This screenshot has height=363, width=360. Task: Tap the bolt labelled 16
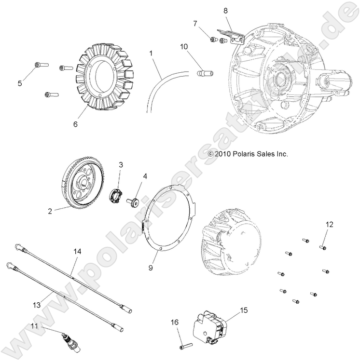pyautogui.click(x=184, y=345)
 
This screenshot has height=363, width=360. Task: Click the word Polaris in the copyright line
pyautogui.click(x=241, y=154)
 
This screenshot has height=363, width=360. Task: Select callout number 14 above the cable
pyautogui.click(x=77, y=252)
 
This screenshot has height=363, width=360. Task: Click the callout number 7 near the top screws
pyautogui.click(x=195, y=23)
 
